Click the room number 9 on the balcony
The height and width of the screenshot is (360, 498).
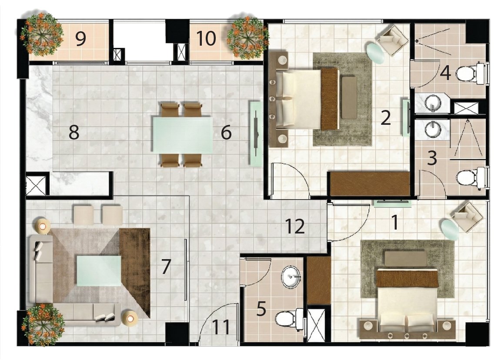pyautogui.click(x=80, y=39)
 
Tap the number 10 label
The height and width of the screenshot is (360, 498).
pyautogui.click(x=207, y=38)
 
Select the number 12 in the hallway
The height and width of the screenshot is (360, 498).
pyautogui.click(x=295, y=227)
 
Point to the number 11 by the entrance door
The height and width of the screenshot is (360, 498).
pyautogui.click(x=221, y=327)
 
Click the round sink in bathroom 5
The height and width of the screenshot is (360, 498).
pyautogui.click(x=291, y=277)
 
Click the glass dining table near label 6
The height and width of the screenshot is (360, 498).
pyautogui.click(x=183, y=135)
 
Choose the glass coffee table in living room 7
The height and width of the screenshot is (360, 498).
pyautogui.click(x=99, y=271)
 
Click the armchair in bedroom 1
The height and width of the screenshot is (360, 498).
pyautogui.click(x=468, y=216)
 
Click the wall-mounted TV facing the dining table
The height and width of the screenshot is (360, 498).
pyautogui.click(x=256, y=133)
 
